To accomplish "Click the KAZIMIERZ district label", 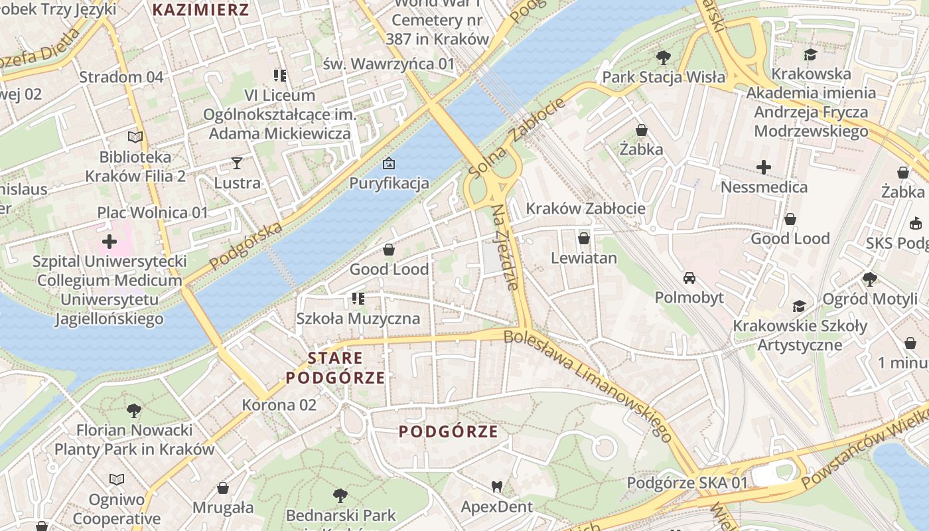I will coord(201,10).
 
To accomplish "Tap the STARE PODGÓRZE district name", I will coord(335,368).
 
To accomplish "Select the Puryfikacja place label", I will coord(389,183).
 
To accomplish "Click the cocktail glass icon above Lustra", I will coord(236,163).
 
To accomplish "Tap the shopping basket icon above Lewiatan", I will coord(584,238).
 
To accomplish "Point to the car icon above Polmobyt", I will coord(689,277).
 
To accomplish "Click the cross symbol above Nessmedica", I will coord(764,167).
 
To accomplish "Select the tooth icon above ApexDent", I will coord(496,487).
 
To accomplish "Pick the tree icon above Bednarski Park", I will coord(340,495).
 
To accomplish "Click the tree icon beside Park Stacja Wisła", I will coord(663,58).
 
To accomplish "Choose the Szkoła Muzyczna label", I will coord(358,318).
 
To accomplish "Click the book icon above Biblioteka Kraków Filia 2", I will coord(135,137).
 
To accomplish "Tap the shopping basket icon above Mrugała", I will coord(223,488).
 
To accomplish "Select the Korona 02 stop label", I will coord(279,405).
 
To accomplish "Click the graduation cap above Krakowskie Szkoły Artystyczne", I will coord(800,306).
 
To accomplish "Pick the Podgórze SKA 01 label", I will coord(687,483).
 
